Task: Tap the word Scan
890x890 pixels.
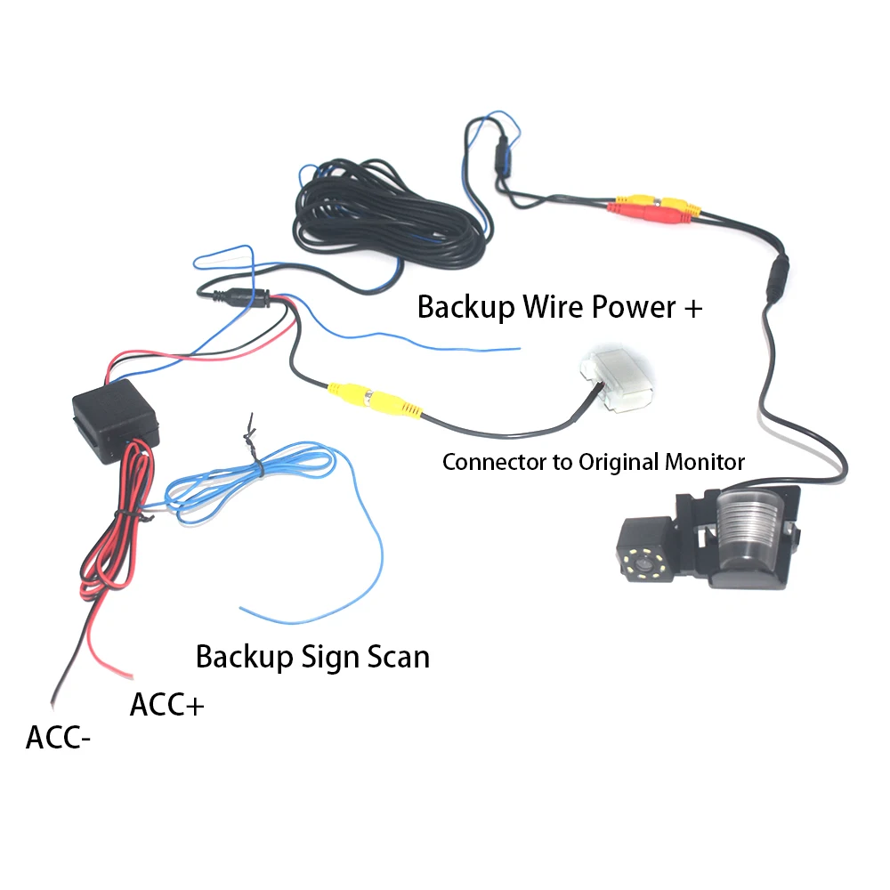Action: click(x=398, y=657)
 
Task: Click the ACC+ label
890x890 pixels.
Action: click(x=167, y=705)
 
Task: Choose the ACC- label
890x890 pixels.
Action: click(x=58, y=738)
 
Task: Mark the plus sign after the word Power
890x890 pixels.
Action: click(x=692, y=309)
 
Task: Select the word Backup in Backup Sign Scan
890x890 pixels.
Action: click(x=244, y=657)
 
